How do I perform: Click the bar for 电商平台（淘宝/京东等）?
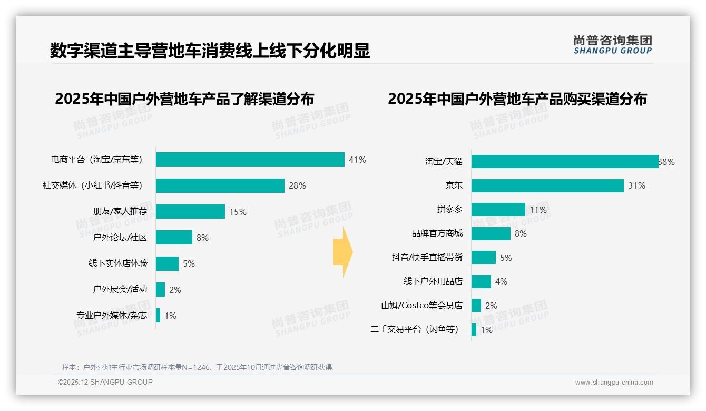click(250, 160)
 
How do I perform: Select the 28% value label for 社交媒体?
click(297, 185)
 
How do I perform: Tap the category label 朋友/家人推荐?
click(120, 211)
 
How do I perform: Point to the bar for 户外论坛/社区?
click(174, 238)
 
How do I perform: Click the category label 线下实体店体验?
click(118, 263)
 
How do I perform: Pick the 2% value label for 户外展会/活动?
click(175, 290)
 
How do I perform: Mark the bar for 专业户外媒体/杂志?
click(158, 316)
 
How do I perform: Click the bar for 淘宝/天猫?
click(564, 162)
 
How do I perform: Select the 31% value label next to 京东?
click(636, 185)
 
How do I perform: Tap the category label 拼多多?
click(449, 210)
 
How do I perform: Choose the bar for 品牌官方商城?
click(491, 233)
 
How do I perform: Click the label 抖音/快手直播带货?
click(427, 258)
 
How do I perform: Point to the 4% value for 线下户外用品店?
click(501, 282)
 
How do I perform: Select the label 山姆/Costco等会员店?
click(421, 306)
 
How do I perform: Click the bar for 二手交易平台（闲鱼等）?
click(474, 330)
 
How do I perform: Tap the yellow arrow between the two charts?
click(342, 252)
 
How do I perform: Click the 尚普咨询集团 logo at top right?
click(612, 45)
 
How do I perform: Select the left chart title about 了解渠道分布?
click(184, 99)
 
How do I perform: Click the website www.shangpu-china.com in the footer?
click(614, 383)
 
